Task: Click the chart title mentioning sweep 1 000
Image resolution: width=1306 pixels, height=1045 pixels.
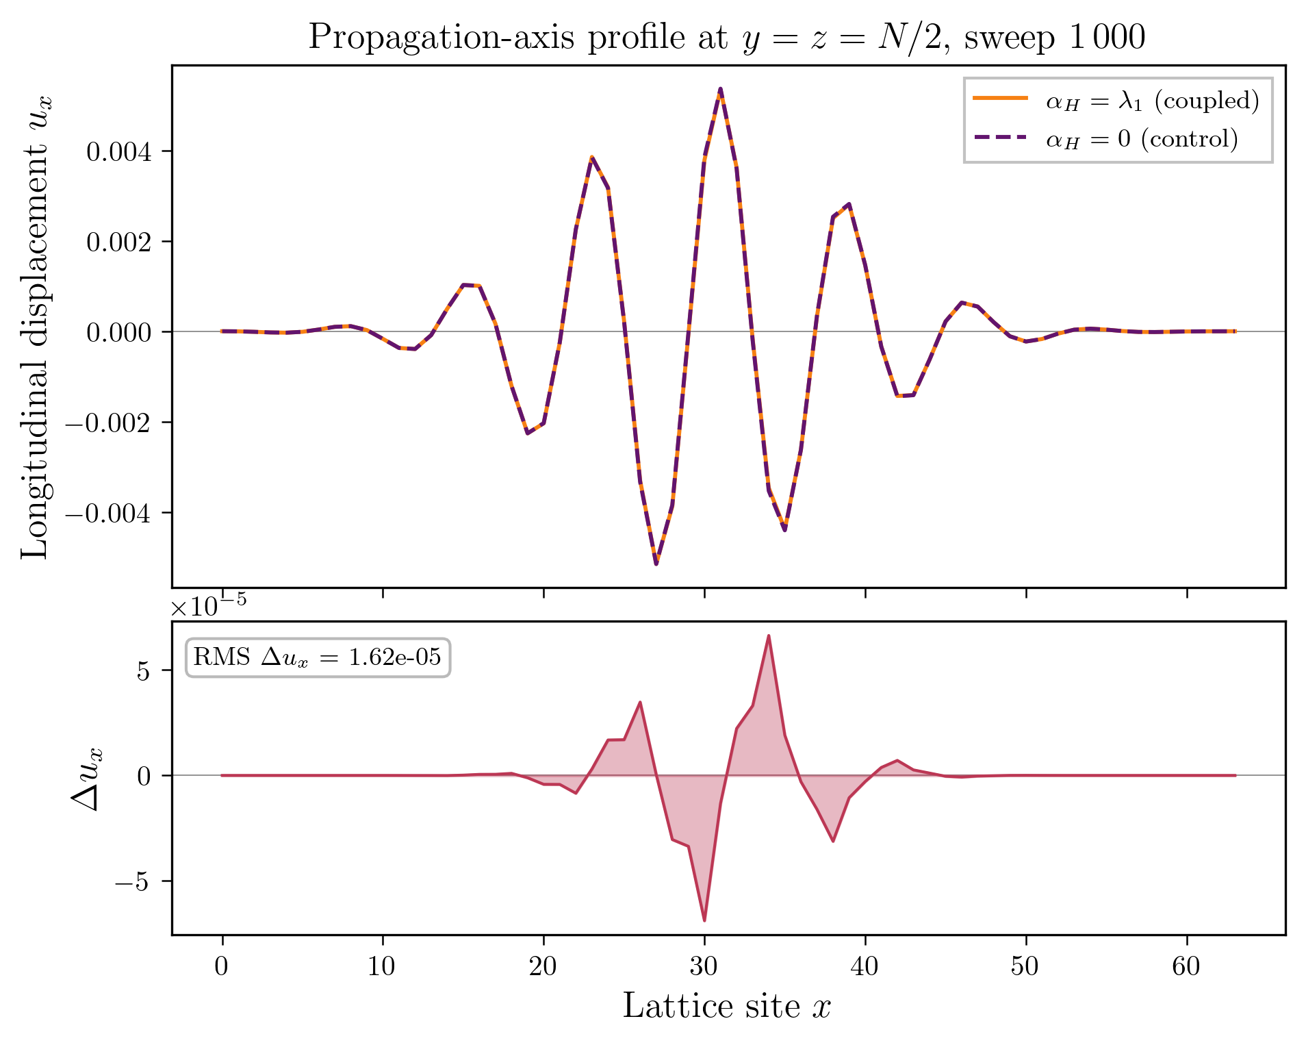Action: [x=726, y=37]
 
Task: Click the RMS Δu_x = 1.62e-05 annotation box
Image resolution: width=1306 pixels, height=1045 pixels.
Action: [x=318, y=657]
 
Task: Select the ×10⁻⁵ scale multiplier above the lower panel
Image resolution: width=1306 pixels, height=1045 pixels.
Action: [x=208, y=605]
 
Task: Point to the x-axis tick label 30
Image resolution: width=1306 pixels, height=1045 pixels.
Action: [x=704, y=966]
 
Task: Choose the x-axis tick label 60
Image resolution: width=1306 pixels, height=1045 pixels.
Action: [x=1186, y=966]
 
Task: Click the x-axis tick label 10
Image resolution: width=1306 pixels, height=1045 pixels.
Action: [x=382, y=966]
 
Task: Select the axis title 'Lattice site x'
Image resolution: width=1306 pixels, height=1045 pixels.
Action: [x=726, y=1006]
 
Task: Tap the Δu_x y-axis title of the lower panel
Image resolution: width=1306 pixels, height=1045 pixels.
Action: [x=88, y=778]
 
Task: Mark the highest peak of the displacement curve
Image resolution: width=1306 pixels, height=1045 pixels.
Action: [x=721, y=89]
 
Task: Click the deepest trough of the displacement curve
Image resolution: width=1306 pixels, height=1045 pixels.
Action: [x=656, y=564]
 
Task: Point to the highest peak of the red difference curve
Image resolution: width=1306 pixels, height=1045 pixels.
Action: [x=769, y=635]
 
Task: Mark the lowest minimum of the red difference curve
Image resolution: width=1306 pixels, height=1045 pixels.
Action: [x=704, y=920]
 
